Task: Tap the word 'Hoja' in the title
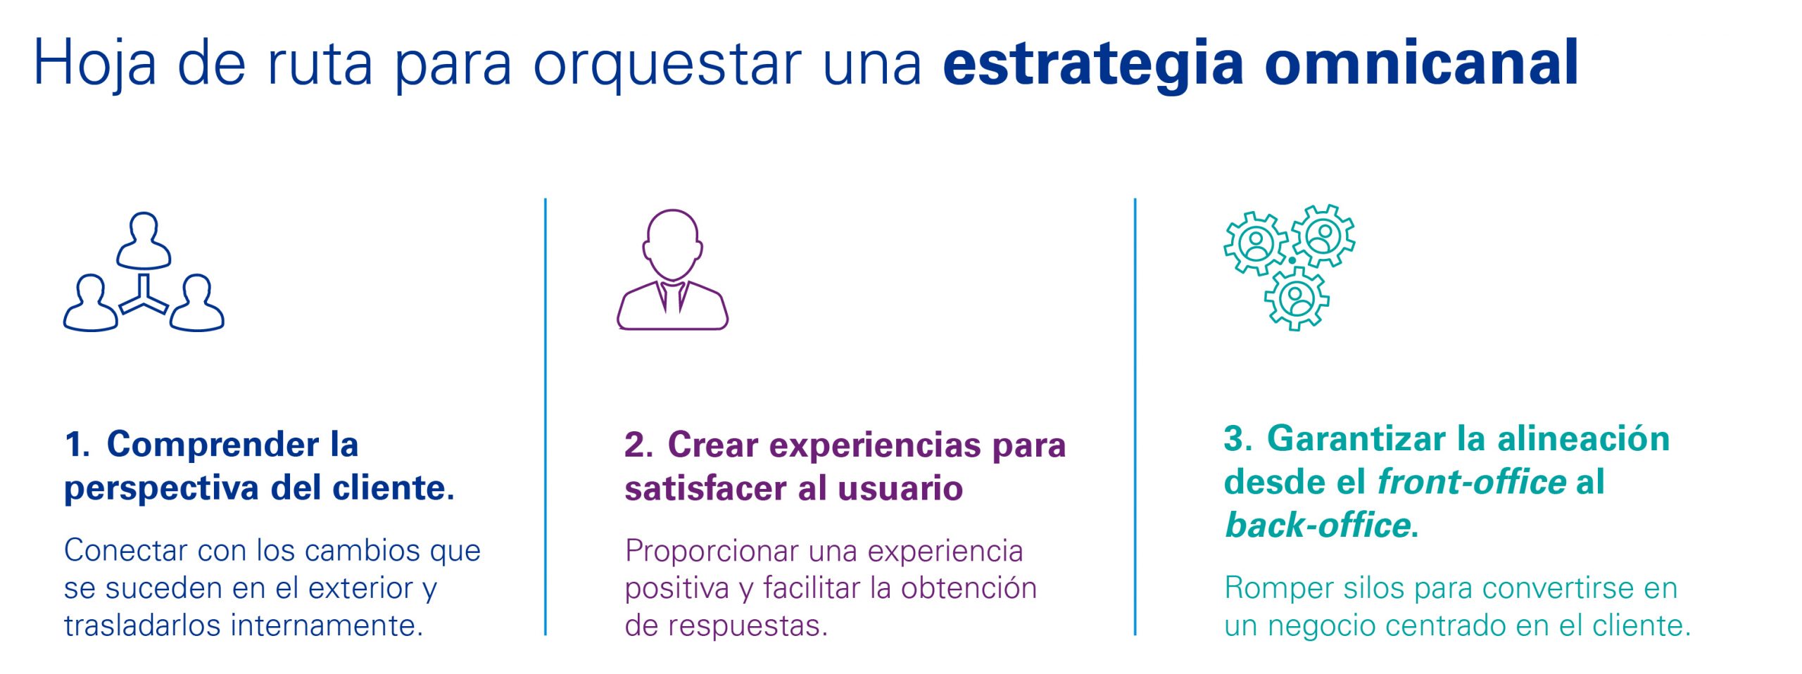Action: click(95, 65)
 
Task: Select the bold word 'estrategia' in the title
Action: click(1093, 65)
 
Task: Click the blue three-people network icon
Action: click(144, 272)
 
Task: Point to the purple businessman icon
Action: click(672, 269)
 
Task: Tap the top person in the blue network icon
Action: click(144, 241)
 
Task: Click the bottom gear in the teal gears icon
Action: click(1297, 298)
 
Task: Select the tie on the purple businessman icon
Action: click(673, 296)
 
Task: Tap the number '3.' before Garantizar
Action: click(1238, 439)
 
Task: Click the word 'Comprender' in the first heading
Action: click(213, 445)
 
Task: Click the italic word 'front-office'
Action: click(1472, 482)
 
